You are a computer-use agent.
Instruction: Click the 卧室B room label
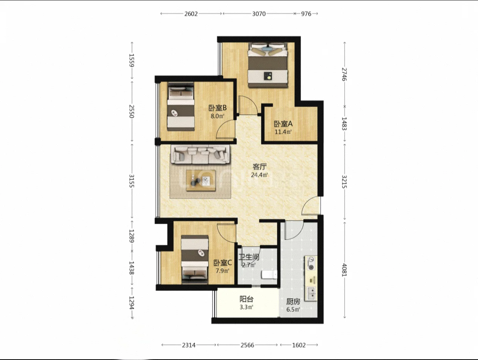pyautogui.click(x=218, y=108)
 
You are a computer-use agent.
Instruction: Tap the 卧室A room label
pyautogui.click(x=283, y=124)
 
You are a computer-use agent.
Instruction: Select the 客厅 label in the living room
pyautogui.click(x=259, y=167)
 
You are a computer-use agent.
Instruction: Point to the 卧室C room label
pyautogui.click(x=222, y=263)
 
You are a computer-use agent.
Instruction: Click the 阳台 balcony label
pyautogui.click(x=246, y=299)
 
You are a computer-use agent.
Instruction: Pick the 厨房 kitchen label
pyautogui.click(x=293, y=302)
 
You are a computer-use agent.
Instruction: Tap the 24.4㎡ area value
pyautogui.click(x=259, y=175)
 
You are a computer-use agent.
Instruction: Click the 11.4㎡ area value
pyautogui.click(x=283, y=132)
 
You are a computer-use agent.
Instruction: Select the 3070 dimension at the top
pyautogui.click(x=259, y=14)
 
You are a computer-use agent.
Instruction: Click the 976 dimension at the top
pyautogui.click(x=306, y=14)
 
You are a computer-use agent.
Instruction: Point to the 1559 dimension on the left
pyautogui.click(x=131, y=60)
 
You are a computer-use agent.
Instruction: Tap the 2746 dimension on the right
pyautogui.click(x=344, y=74)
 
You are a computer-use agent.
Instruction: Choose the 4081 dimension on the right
pyautogui.click(x=344, y=270)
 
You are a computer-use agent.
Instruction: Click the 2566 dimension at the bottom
pyautogui.click(x=248, y=345)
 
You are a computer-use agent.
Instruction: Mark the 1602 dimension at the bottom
pyautogui.click(x=299, y=345)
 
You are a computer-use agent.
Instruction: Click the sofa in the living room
pyautogui.click(x=200, y=154)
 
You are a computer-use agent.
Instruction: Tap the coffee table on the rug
pyautogui.click(x=201, y=180)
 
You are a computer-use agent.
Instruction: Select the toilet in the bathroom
pyautogui.click(x=269, y=275)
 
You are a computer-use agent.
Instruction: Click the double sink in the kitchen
pyautogui.click(x=311, y=294)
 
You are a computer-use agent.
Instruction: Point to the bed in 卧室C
pyautogui.click(x=195, y=259)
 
